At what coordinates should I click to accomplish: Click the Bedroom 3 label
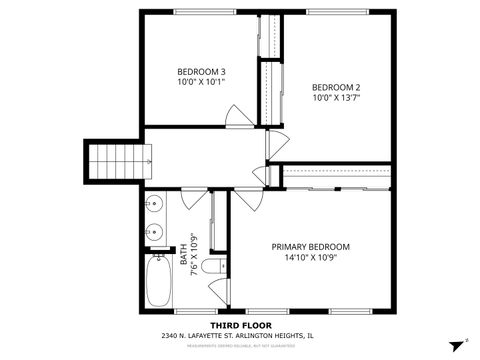coord(201,71)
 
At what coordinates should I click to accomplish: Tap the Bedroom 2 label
coord(335,86)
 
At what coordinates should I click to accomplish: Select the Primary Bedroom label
coord(311,246)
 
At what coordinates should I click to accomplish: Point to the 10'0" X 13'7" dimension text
coord(335,98)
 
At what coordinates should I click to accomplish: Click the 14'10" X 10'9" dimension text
coord(311,258)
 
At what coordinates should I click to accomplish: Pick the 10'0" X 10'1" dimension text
coord(201,82)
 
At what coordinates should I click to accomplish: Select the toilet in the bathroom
coord(211,268)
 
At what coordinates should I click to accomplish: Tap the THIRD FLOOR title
coord(239,324)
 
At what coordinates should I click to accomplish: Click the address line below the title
coord(240,336)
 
